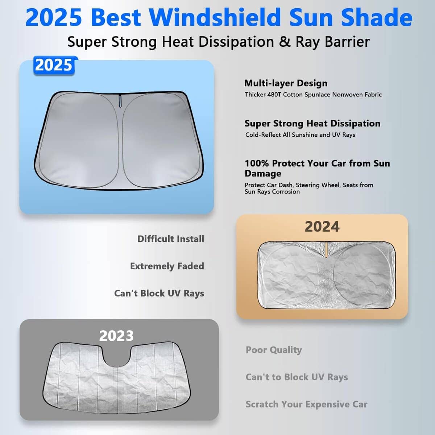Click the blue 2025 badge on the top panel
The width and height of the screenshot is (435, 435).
(x=54, y=65)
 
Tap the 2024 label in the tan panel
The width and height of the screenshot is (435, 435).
(x=322, y=227)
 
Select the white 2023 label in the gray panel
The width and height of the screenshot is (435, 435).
(x=116, y=336)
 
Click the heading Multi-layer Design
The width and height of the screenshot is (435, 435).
(x=286, y=83)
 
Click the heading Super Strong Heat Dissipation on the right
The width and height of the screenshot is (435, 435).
(x=312, y=123)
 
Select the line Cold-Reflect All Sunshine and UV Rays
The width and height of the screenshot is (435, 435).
(x=300, y=135)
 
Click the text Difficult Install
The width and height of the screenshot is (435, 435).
(x=171, y=239)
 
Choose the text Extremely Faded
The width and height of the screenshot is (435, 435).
(x=167, y=266)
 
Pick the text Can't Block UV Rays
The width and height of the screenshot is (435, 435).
(x=159, y=293)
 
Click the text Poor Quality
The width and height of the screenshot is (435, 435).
(x=274, y=350)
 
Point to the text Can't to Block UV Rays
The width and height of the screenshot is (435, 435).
(x=297, y=377)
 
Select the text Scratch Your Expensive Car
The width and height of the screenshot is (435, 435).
(x=306, y=404)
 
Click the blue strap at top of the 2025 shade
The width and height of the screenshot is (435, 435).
(x=120, y=100)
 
